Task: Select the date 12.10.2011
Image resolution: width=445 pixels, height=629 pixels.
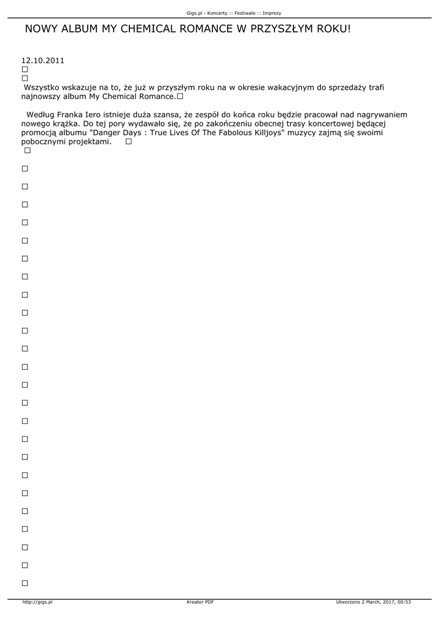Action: (x=43, y=61)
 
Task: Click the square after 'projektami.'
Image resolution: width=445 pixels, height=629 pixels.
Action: (x=128, y=142)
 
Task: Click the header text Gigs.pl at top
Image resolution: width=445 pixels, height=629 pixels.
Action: (x=195, y=13)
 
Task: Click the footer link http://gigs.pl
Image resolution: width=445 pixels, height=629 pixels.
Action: (x=37, y=602)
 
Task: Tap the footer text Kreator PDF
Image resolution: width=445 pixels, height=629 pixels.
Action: (x=200, y=602)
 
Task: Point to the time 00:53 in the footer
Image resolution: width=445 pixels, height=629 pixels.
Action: (x=404, y=602)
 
